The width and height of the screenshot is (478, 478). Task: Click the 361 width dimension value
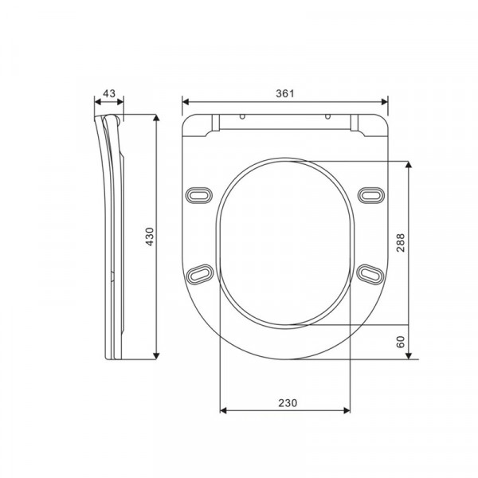285,93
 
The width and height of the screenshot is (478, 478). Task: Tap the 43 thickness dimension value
109,93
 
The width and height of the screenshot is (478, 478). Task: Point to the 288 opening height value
402,242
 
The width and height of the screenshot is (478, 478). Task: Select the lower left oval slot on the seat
199,273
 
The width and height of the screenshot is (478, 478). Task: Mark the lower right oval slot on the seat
370,273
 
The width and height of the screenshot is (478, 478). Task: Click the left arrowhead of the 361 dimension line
186,101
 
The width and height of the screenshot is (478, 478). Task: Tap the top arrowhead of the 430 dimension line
157,118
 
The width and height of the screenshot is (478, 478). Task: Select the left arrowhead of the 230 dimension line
222,411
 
